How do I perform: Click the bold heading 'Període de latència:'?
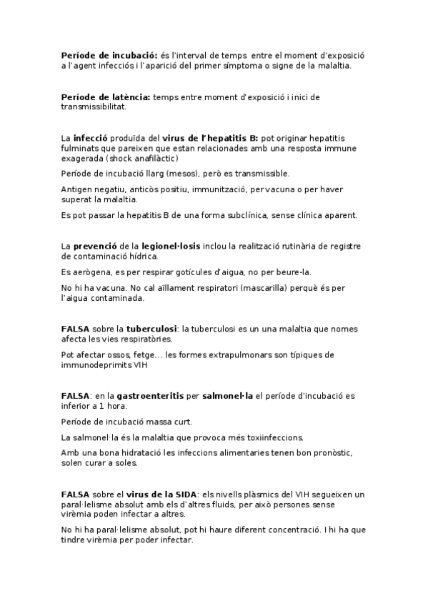click(106, 97)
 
